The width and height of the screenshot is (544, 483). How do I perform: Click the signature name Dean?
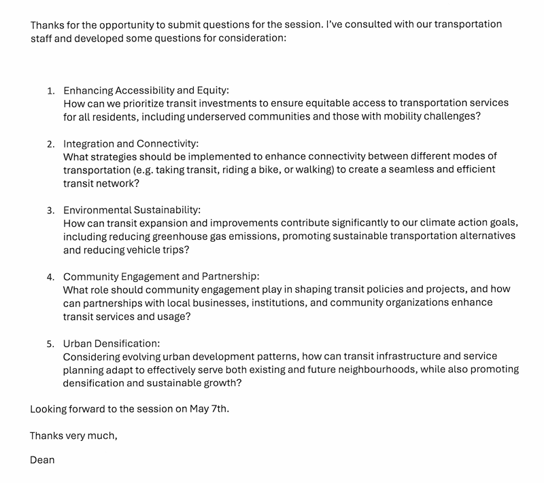[42, 460]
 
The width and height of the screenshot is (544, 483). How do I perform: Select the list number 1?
[50, 91]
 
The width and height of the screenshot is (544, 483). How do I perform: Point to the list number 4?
[50, 277]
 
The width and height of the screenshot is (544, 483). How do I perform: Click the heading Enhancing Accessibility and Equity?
[146, 90]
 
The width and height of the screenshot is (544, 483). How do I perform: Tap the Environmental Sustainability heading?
[132, 211]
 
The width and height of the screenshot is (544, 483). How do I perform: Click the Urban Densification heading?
[112, 344]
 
